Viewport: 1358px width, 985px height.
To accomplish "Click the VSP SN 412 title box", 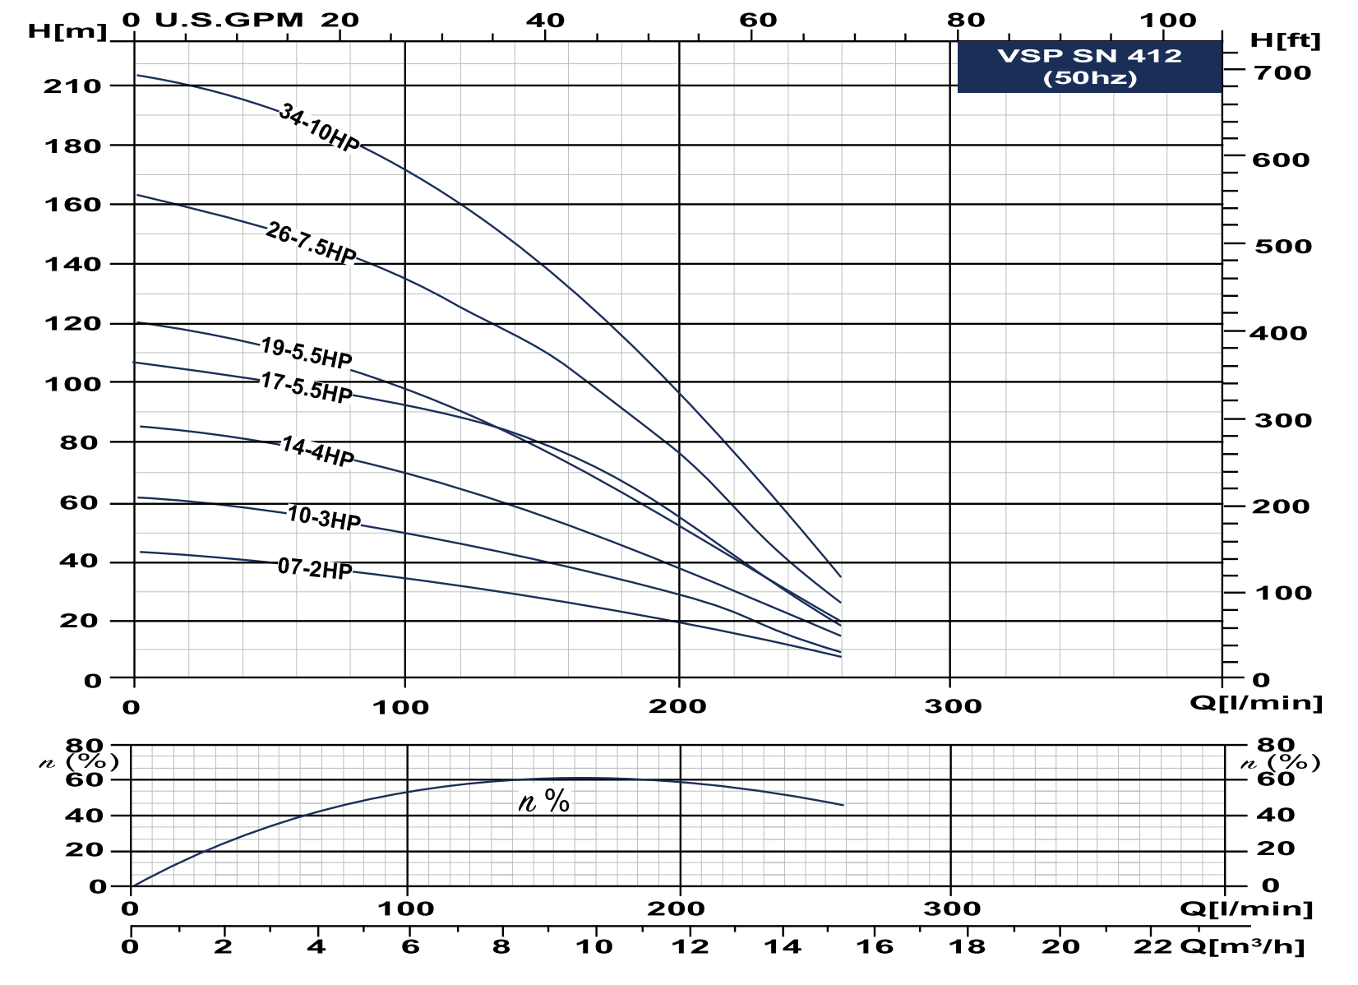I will coord(1089,67).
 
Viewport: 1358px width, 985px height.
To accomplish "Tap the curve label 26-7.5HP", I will coord(311,244).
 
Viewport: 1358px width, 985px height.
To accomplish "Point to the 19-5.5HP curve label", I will coord(306,353).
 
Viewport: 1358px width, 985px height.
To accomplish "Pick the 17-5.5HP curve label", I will coord(306,387).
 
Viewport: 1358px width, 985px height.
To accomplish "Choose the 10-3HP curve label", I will coord(324,518).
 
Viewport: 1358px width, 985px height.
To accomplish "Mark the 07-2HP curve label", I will coord(315,568).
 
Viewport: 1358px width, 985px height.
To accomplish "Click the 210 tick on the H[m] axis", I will coord(72,86).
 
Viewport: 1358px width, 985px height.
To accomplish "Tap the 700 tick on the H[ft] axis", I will coord(1282,72).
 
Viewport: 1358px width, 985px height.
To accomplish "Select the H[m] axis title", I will coord(67,32).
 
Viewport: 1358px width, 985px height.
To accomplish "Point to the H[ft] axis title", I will coord(1284,39).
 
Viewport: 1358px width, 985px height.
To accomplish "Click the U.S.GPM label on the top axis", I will coord(229,20).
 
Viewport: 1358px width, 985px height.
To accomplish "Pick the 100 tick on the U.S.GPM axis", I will coord(1180,20).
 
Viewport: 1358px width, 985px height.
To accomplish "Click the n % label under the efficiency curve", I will coord(544,801).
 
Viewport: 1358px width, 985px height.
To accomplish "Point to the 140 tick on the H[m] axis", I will coord(72,265).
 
